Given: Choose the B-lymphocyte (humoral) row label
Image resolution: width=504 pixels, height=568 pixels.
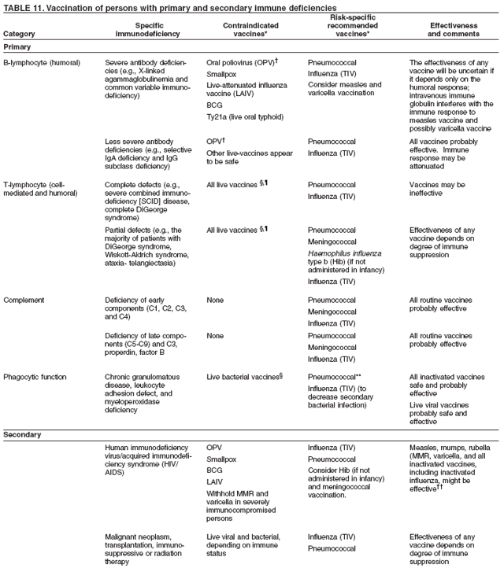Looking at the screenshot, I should (x=41, y=61).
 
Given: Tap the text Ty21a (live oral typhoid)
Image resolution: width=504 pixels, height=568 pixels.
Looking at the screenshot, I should (x=244, y=116).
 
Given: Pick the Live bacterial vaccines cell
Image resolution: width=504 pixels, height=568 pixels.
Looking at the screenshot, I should (x=244, y=375).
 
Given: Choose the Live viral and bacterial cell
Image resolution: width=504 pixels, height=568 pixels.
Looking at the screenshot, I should (x=243, y=541).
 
